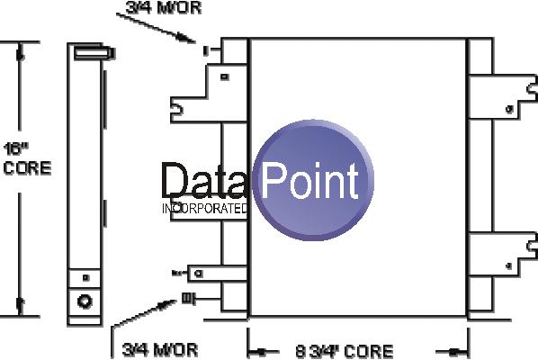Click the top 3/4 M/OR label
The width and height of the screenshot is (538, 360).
[164, 7]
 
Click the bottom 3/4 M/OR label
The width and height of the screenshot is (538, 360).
[160, 349]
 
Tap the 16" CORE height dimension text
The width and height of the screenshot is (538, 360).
[28, 159]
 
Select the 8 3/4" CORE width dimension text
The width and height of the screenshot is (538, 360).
[345, 351]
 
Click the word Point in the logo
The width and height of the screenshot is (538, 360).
[309, 181]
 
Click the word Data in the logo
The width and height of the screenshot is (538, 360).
[203, 181]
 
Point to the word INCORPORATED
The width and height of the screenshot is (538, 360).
[204, 208]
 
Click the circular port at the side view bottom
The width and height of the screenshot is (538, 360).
[85, 301]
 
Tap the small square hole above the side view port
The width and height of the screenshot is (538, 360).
[85, 277]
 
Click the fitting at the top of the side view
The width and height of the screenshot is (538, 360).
[94, 53]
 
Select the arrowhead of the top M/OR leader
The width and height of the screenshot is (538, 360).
[187, 38]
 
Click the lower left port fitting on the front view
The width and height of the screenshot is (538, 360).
[188, 298]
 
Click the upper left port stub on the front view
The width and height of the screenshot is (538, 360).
[205, 50]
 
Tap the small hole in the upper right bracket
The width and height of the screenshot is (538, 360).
[509, 110]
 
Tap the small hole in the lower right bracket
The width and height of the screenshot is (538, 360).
[509, 265]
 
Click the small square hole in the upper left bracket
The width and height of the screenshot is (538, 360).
[225, 76]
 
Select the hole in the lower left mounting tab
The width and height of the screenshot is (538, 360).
[198, 274]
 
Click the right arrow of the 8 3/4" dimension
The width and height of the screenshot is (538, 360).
[453, 351]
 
